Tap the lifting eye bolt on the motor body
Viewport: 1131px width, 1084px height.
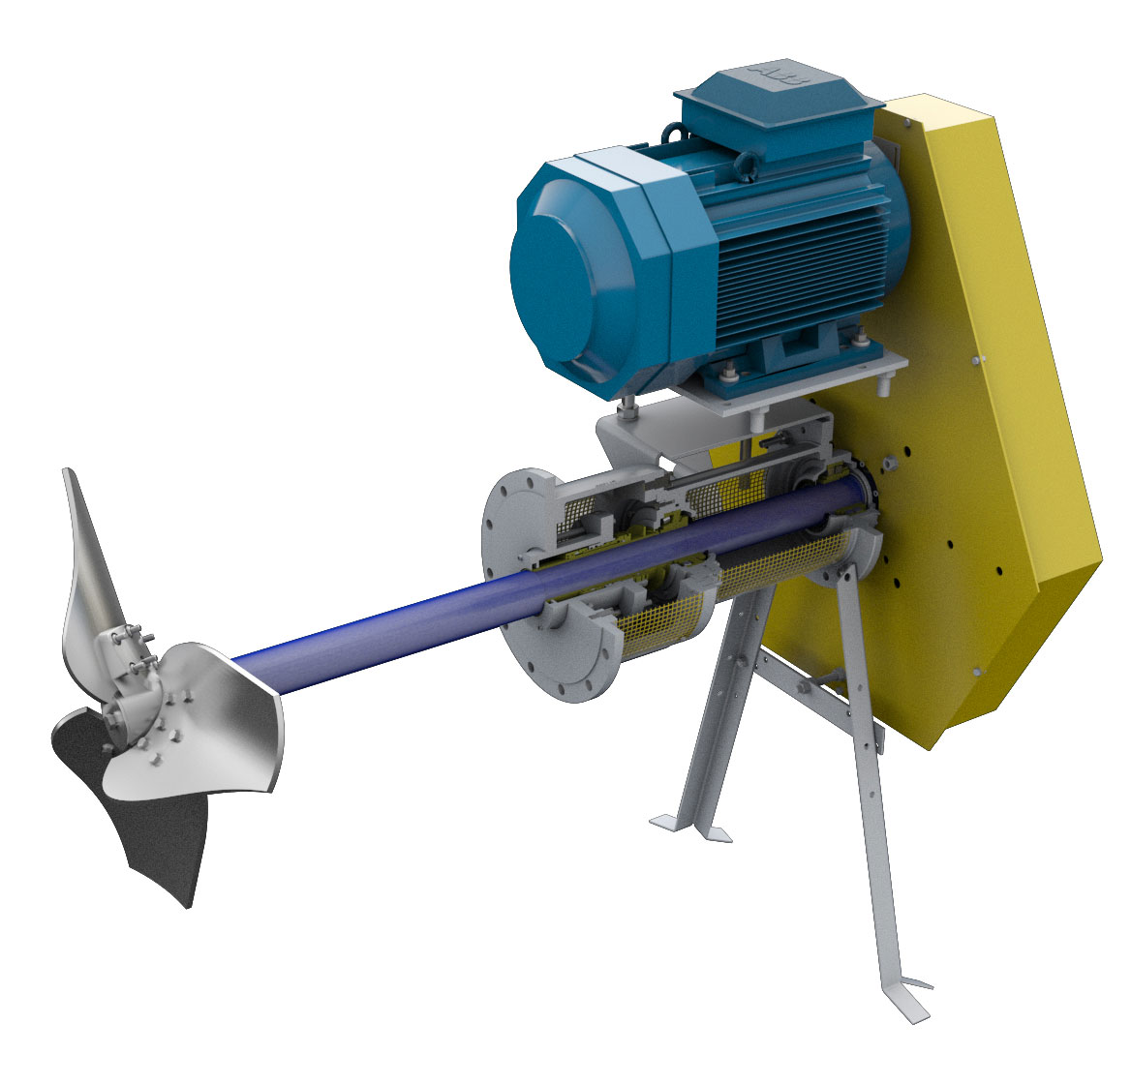point(747,166)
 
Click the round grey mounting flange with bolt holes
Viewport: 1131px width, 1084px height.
point(523,581)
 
